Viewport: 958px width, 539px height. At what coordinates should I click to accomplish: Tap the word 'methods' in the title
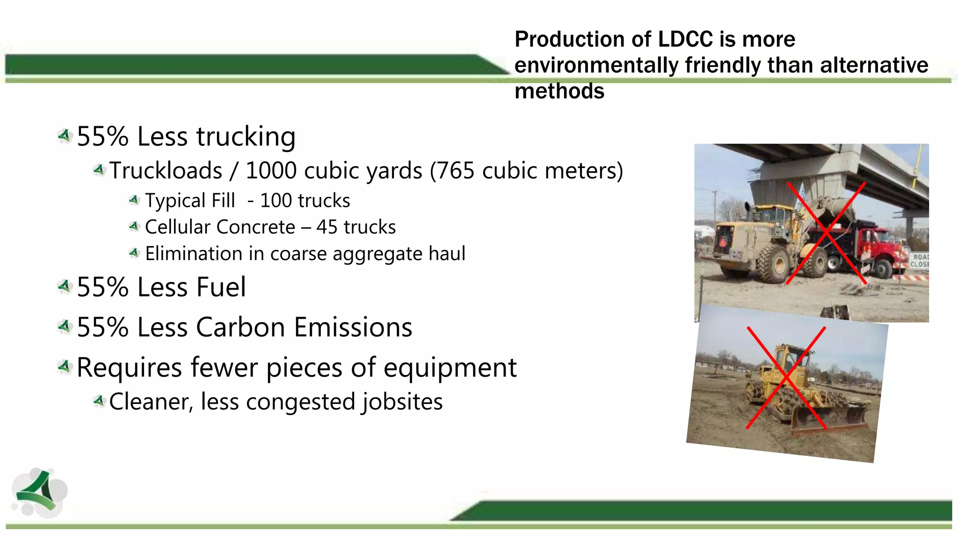coord(559,91)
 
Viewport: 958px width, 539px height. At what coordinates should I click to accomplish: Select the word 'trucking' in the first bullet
coord(246,137)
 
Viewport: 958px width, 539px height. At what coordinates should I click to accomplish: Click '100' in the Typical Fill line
coord(276,201)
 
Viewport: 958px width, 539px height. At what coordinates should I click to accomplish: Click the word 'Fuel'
coord(221,287)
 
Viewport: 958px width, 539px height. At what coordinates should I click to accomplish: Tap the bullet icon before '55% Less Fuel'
coord(65,286)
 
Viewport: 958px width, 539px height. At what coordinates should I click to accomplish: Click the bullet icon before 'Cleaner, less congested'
coord(99,401)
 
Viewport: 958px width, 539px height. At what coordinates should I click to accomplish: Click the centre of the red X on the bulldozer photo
coord(786,378)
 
